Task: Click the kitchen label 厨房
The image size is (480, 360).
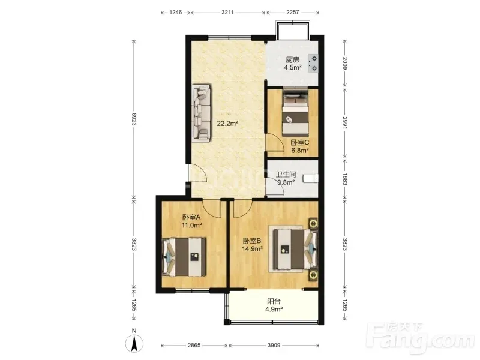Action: point(293,59)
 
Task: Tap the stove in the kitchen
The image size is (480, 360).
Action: point(313,64)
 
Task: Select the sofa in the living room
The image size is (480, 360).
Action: point(201,113)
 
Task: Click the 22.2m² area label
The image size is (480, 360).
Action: point(227,124)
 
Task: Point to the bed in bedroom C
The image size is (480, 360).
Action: point(295,113)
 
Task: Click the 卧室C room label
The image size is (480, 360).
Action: point(299,142)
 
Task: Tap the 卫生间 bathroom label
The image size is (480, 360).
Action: point(286,175)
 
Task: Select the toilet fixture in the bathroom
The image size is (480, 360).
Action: point(311,178)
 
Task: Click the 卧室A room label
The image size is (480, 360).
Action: point(191,217)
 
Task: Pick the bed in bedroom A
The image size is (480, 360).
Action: point(184,257)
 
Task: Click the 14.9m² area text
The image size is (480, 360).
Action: point(252,249)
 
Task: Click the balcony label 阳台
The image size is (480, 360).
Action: point(274,301)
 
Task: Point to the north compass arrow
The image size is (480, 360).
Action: point(134,343)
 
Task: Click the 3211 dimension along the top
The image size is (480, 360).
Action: point(227,12)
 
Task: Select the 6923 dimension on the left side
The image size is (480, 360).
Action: point(134,119)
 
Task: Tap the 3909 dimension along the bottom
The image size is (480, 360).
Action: point(274,346)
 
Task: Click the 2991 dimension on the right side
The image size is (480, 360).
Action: point(345,122)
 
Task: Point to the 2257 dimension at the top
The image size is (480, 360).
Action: point(293,12)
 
